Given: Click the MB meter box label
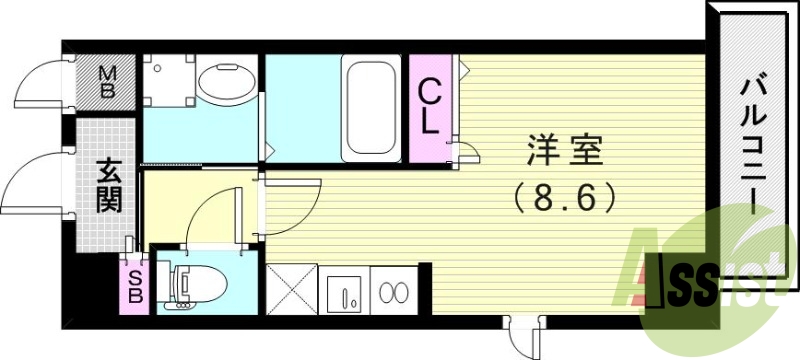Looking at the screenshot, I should point(108,79).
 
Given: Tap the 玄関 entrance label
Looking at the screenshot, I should point(108,185).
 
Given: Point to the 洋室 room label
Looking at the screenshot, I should point(565,155).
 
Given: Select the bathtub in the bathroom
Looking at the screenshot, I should point(372,108).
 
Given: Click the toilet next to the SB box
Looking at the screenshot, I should point(190,283).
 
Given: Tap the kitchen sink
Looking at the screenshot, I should point(343,291).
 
